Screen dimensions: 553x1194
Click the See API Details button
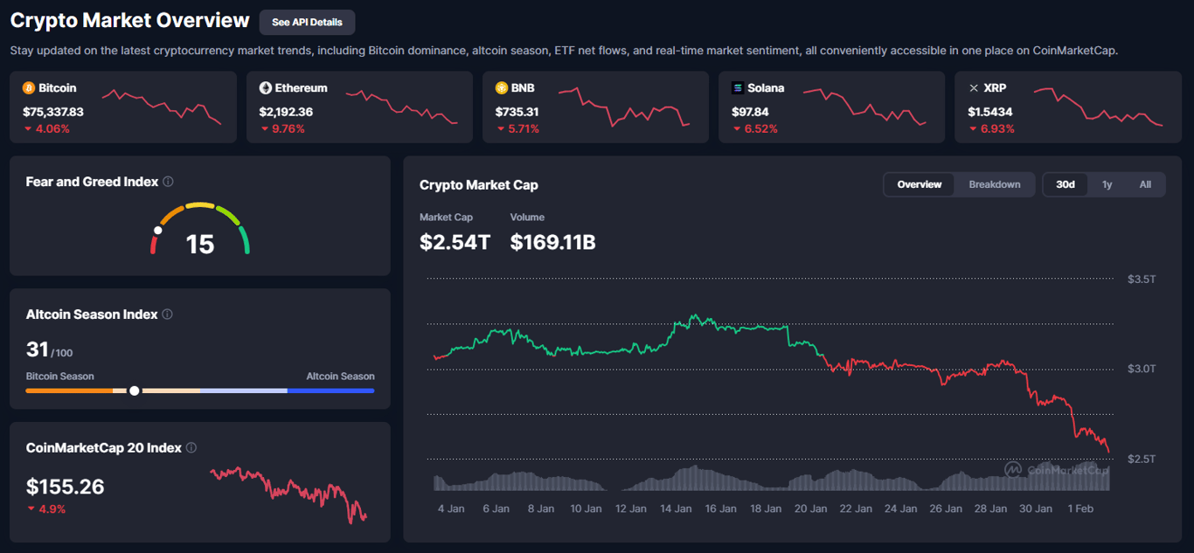[307, 22]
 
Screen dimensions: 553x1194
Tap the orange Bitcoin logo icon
[29, 88]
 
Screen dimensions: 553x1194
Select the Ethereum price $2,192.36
[286, 112]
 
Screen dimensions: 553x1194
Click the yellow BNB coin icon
[502, 88]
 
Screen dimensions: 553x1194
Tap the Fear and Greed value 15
[200, 244]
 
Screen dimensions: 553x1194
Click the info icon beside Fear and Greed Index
[168, 182]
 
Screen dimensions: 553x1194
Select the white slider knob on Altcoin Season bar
[134, 391]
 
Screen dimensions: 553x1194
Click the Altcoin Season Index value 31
[38, 349]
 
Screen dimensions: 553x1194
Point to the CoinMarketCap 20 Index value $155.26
[66, 487]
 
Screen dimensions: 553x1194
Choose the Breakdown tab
[995, 184]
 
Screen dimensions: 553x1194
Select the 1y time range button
[1107, 184]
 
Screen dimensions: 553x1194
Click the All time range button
[1145, 184]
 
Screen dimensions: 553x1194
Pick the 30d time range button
[1066, 184]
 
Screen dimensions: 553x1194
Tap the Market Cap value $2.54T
[455, 242]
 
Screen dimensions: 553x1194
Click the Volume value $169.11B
[552, 242]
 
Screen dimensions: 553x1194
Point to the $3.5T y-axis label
[1142, 280]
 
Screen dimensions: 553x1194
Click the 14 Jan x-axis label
[676, 508]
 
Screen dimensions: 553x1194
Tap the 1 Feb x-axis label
[1079, 508]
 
